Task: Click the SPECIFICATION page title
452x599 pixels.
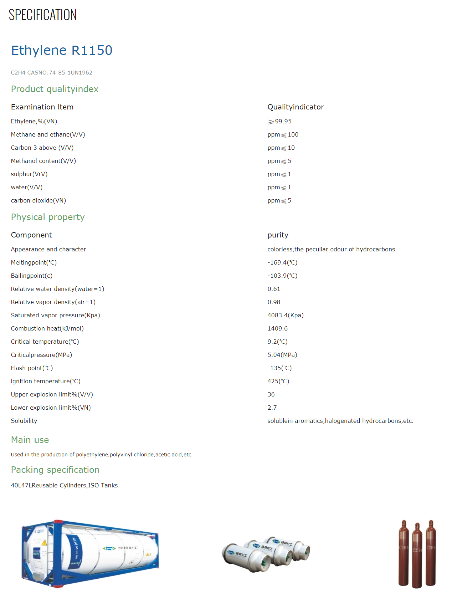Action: (x=42, y=15)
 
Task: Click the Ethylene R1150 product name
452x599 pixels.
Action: (x=62, y=50)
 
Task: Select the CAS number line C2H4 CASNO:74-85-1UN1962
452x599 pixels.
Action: (x=51, y=73)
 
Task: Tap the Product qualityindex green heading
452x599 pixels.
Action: (x=55, y=89)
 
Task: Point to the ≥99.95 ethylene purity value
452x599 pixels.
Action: (x=280, y=122)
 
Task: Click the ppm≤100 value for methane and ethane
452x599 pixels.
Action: (x=283, y=135)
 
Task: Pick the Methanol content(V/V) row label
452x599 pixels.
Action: (x=43, y=161)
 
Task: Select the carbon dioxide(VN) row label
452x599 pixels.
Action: (x=38, y=201)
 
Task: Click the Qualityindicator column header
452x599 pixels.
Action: (x=296, y=107)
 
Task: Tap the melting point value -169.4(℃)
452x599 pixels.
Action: (x=282, y=263)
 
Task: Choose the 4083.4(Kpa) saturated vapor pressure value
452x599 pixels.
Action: (x=286, y=316)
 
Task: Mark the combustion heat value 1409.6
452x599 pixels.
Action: (x=277, y=329)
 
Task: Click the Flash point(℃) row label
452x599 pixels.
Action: (x=32, y=368)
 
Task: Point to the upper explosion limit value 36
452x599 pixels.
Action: (x=271, y=395)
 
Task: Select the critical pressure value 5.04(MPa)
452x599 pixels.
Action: (x=282, y=355)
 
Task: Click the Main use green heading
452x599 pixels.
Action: (x=30, y=440)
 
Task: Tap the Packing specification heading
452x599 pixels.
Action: (x=55, y=470)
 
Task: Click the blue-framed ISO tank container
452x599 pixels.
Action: (x=90, y=553)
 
